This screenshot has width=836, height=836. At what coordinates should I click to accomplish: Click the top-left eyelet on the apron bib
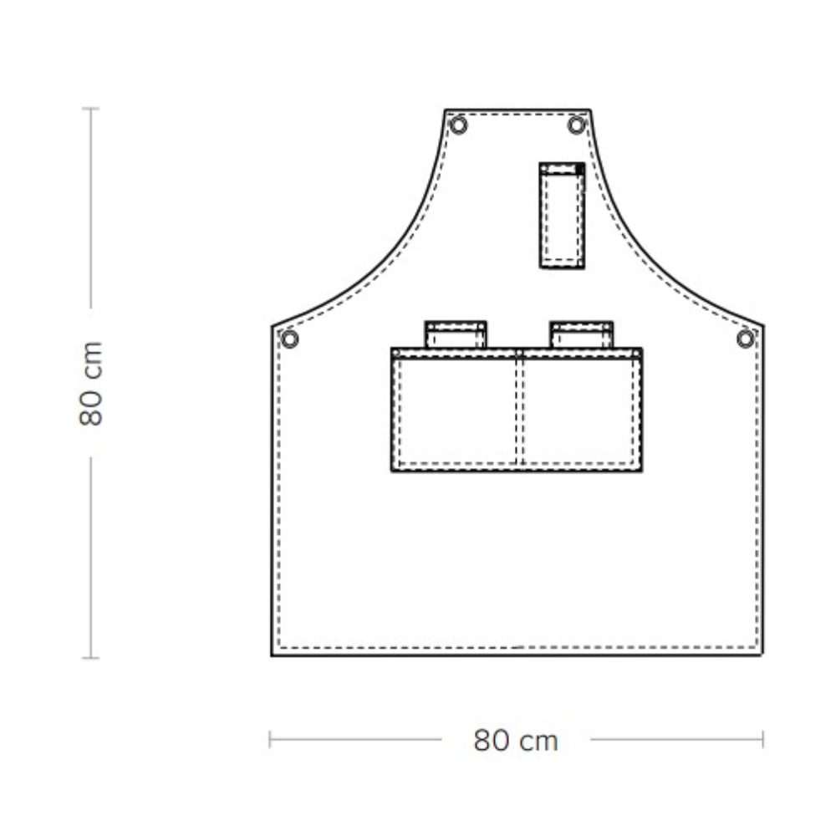point(458,126)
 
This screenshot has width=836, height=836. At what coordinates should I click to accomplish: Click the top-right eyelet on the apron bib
point(576,126)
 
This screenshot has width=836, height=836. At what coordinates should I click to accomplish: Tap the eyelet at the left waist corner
point(289,339)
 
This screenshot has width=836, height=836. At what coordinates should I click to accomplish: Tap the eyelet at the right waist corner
point(746,339)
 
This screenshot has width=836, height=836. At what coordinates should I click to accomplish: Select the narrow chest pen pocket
point(562,216)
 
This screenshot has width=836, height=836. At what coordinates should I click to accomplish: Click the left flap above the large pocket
point(456,335)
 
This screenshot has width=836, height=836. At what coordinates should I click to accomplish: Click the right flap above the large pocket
point(582,335)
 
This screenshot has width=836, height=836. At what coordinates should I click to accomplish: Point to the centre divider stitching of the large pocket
point(519,410)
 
